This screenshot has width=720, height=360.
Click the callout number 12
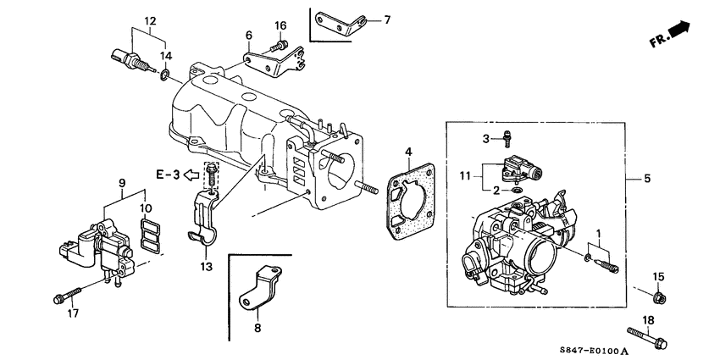pos(150,20)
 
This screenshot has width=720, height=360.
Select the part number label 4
pos(407,152)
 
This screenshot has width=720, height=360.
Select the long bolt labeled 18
pos(647,337)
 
